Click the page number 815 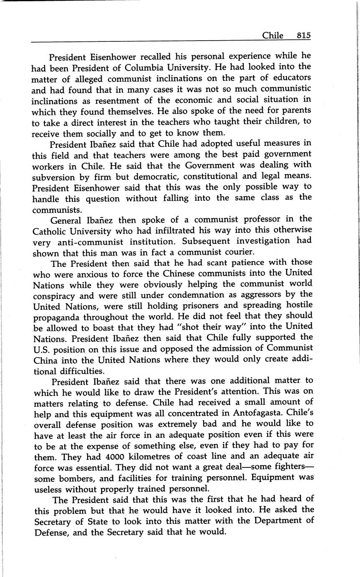click(x=304, y=36)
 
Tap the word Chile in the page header click(x=273, y=36)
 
